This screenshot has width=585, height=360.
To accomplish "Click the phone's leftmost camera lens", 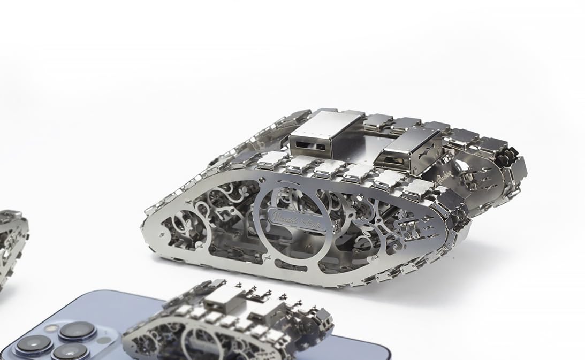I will pos(33,346).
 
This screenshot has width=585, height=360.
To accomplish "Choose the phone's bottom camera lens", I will pos(70,351).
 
